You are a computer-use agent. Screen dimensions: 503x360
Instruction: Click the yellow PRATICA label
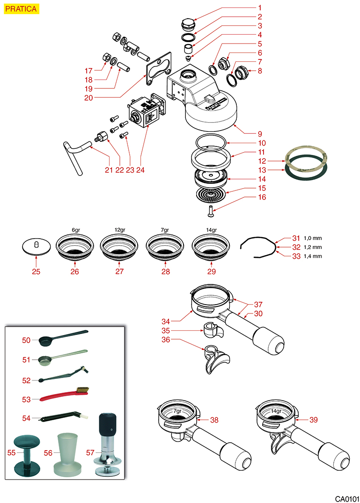[x=21, y=8]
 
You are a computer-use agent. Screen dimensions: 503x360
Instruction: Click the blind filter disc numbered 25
[x=36, y=247]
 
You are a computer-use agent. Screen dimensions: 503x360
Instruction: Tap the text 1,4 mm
[x=313, y=256]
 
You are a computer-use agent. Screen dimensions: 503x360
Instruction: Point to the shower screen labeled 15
[x=210, y=194]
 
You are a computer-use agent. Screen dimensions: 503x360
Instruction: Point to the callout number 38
[x=214, y=420]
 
